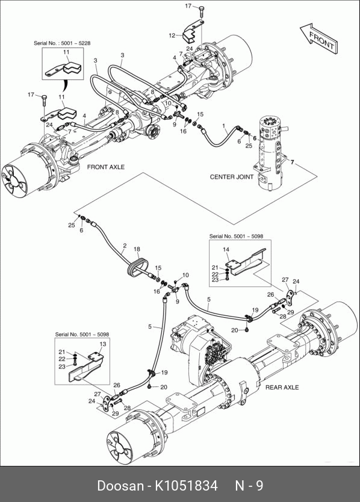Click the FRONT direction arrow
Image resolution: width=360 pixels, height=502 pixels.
(x=318, y=38)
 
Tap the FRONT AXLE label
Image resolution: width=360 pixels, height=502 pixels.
(x=106, y=167)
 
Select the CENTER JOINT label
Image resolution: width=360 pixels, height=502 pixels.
(x=232, y=177)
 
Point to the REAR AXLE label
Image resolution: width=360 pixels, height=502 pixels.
(x=282, y=388)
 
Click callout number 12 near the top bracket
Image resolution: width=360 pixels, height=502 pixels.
(x=172, y=36)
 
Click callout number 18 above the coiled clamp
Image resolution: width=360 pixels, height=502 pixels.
(x=137, y=249)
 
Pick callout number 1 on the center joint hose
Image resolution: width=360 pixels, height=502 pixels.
(x=224, y=126)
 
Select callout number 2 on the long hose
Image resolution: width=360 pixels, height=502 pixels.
(x=125, y=246)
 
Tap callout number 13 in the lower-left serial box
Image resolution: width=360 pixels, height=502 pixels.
(x=103, y=344)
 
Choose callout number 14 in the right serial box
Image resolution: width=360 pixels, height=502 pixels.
(x=226, y=249)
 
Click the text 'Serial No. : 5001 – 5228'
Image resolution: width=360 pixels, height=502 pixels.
(x=62, y=43)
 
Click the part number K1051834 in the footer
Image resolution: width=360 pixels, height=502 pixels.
(x=187, y=486)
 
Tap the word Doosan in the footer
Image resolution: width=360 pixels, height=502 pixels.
(x=120, y=486)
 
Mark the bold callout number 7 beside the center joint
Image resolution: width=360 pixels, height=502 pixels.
(x=292, y=163)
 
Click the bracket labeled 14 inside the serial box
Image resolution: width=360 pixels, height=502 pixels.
(x=246, y=261)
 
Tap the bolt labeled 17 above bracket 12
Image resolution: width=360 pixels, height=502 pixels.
(x=202, y=11)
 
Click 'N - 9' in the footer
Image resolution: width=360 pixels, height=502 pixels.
(x=249, y=486)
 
